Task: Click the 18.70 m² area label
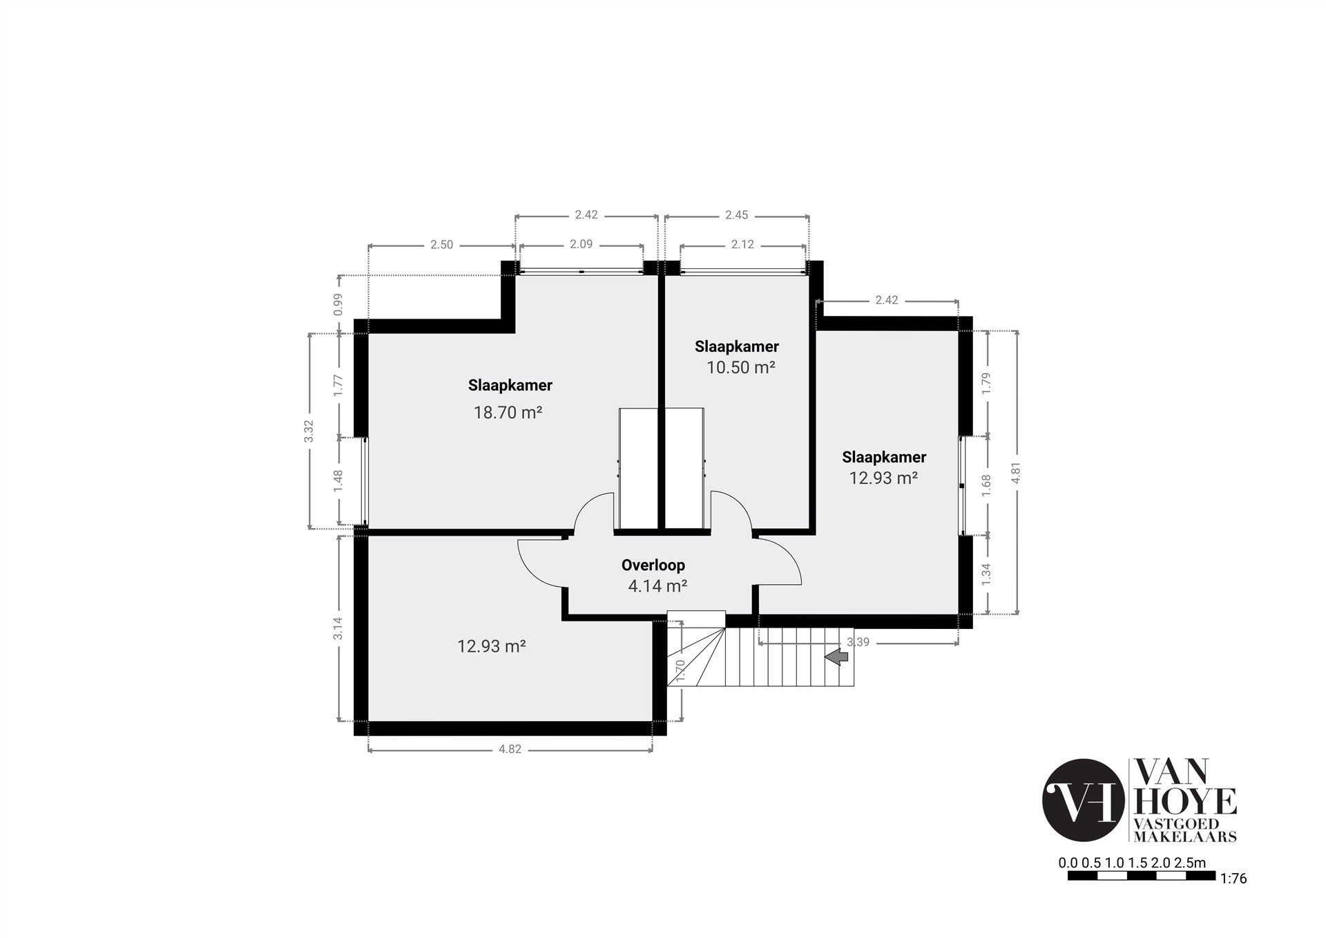tap(508, 413)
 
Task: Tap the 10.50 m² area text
tap(740, 367)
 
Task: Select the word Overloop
tap(653, 565)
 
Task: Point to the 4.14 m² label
tap(657, 586)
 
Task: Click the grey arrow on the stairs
tap(837, 657)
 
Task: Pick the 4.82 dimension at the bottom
tap(510, 749)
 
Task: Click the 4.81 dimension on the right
tap(1015, 472)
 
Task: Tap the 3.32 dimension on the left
tap(309, 431)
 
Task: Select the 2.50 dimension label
tap(441, 245)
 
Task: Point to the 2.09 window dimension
tap(581, 244)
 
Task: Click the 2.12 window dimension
tap(742, 244)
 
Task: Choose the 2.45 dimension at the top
tap(736, 215)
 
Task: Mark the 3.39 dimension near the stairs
tap(858, 642)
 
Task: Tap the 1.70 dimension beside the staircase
tap(680, 671)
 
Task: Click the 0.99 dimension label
tap(338, 305)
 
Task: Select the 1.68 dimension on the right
tap(986, 485)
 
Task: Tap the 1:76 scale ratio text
tap(1233, 899)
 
